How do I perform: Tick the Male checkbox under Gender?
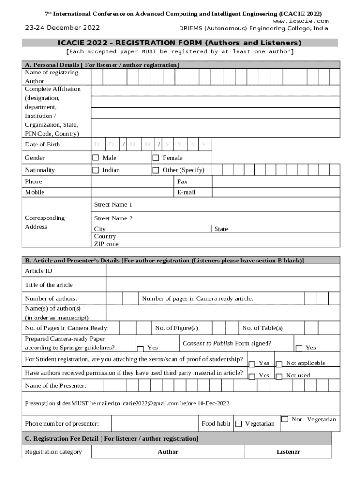point(95,158)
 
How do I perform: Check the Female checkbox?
point(156,158)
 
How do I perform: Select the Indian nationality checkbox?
point(95,170)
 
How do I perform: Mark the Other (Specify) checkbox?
point(156,170)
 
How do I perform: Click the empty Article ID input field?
point(223,271)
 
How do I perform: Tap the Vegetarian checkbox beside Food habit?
point(238,424)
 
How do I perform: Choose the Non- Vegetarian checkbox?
point(284,419)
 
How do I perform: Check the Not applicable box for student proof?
point(279,364)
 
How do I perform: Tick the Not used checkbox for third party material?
point(279,376)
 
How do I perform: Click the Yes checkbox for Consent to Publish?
point(299,348)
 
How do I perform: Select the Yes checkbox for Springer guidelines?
point(140,348)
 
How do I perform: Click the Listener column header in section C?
point(288,452)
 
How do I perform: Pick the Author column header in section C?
point(168,452)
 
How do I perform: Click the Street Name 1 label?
point(113,205)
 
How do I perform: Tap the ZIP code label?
point(106,244)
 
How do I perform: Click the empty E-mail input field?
point(276,192)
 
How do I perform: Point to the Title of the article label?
point(49,285)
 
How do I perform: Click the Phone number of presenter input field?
point(154,423)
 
